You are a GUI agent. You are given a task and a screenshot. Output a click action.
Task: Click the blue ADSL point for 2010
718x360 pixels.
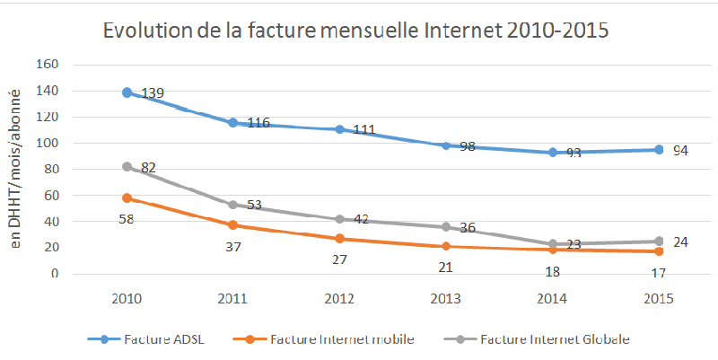click(x=127, y=92)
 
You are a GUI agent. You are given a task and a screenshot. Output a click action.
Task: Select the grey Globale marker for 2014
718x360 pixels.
click(x=553, y=244)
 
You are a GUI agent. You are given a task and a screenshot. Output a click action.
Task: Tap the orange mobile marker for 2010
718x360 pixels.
click(x=127, y=198)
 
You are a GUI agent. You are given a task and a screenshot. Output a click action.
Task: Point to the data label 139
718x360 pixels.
click(x=152, y=93)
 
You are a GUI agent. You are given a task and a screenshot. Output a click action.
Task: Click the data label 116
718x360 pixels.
click(x=258, y=123)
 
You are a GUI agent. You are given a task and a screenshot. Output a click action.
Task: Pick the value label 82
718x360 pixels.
click(x=148, y=168)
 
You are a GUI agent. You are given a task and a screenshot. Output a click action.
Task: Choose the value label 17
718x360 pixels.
click(x=660, y=272)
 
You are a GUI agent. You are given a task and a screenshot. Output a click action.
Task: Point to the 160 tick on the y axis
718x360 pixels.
click(x=47, y=65)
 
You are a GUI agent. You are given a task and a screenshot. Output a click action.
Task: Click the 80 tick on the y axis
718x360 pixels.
click(x=50, y=169)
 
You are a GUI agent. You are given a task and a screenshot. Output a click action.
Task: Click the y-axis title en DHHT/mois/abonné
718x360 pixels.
click(x=15, y=170)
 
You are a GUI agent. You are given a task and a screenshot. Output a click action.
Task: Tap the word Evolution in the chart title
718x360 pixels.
click(x=147, y=31)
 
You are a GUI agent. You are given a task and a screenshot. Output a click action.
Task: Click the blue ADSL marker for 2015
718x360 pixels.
click(x=659, y=150)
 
